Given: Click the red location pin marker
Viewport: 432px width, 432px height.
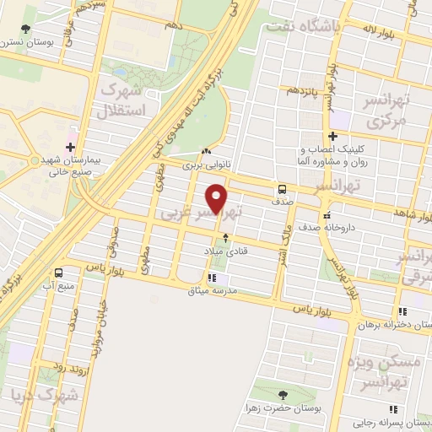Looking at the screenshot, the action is (217, 198).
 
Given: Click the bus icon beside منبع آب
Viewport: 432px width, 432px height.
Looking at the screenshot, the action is (58, 273).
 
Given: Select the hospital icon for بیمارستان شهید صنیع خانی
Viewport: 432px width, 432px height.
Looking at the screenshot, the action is (70, 134).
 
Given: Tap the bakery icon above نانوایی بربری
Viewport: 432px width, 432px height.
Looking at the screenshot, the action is (206, 151).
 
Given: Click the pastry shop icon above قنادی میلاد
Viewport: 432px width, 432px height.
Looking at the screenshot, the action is (224, 239).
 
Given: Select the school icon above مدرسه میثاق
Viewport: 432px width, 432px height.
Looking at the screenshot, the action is (212, 277).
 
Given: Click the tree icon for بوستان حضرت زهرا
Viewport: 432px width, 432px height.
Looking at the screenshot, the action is (282, 395).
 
